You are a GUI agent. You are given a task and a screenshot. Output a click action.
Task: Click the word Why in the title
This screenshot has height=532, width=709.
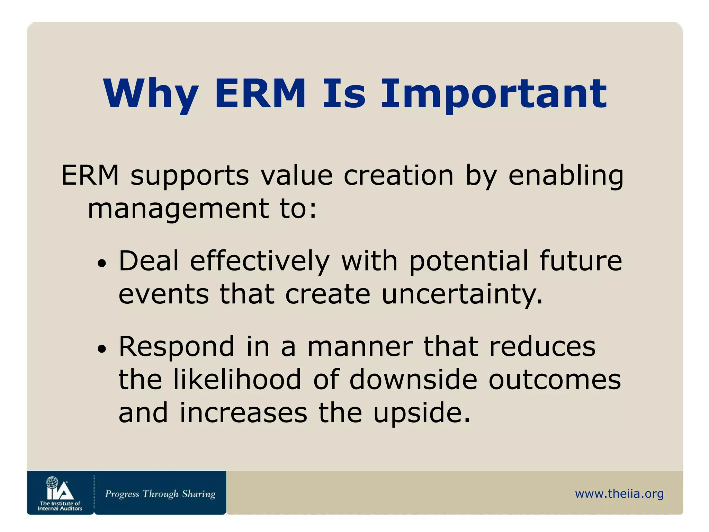151,94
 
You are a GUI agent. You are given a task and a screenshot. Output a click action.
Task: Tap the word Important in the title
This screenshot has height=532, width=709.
494,94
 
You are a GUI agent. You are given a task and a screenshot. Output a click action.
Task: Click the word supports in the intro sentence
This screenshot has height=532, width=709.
189,176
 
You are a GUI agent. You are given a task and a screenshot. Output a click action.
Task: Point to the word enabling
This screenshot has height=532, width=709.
566,176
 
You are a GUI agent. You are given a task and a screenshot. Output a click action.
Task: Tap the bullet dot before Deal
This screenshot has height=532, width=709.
102,264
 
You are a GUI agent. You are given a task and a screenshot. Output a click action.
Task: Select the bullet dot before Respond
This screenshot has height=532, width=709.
102,349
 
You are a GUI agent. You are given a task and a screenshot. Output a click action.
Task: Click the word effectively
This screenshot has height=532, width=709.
260,261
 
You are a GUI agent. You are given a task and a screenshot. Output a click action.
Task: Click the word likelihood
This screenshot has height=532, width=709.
237,380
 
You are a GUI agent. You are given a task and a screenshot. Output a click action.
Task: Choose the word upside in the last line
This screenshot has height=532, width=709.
422,414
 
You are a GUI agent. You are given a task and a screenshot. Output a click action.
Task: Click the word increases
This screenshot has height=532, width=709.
243,413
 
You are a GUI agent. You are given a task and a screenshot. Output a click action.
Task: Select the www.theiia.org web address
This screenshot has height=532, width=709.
619,494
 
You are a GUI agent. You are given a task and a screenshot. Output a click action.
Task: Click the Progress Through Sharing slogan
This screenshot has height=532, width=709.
160,494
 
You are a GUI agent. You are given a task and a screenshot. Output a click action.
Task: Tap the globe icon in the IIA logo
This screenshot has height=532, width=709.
52,482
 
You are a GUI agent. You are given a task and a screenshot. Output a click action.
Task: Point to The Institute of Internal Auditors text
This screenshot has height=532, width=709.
60,506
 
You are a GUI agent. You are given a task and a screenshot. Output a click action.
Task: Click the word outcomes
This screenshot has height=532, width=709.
555,380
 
